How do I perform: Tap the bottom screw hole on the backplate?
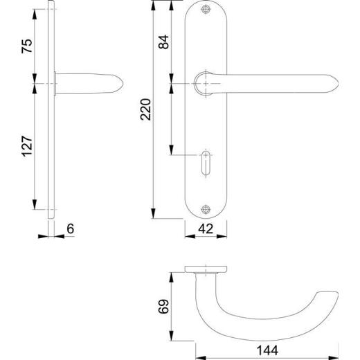(205, 209)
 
